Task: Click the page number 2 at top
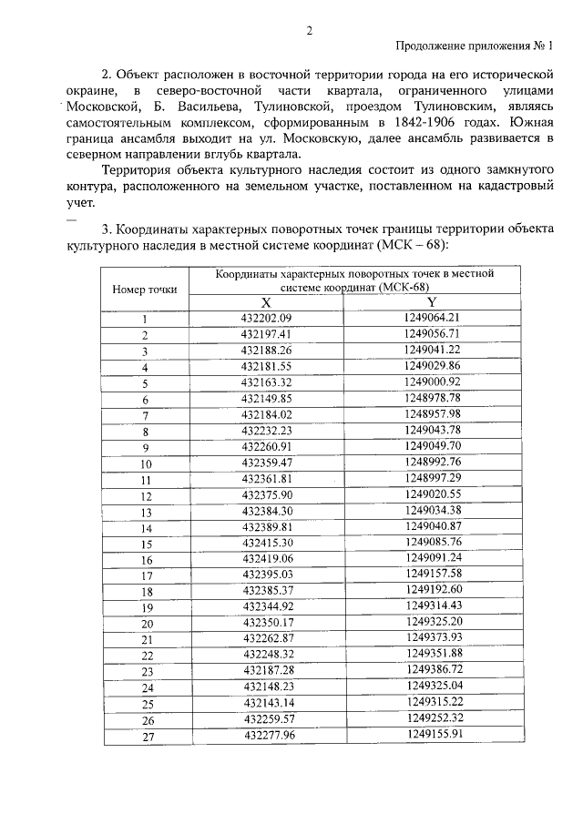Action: (309, 29)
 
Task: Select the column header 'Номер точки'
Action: (145, 289)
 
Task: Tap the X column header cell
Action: (266, 302)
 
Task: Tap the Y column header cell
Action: (432, 302)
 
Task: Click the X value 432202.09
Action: (266, 319)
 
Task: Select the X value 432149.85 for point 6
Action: (266, 398)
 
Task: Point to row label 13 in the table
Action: (145, 512)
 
